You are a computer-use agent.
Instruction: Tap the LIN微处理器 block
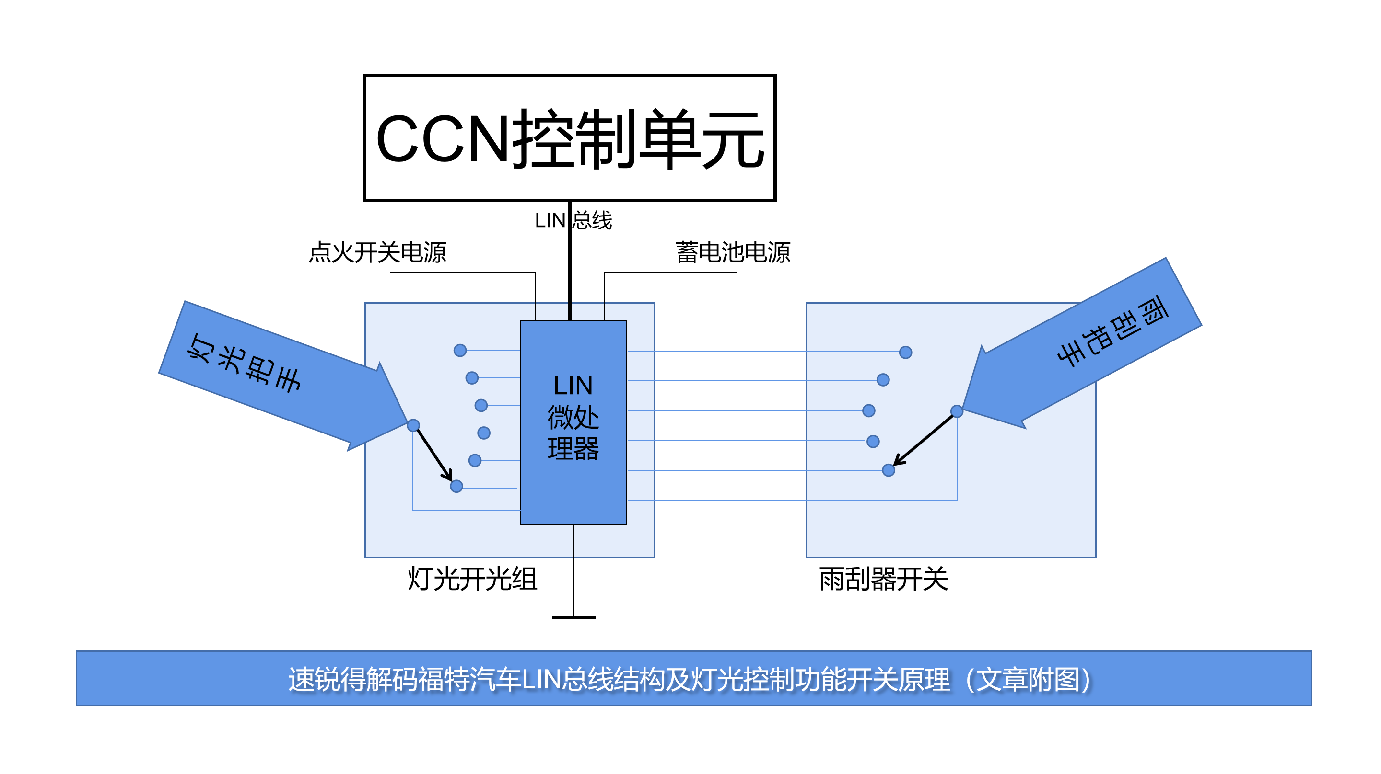573,421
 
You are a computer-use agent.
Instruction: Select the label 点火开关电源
377,252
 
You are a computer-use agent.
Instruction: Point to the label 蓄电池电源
732,252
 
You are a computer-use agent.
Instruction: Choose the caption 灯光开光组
472,579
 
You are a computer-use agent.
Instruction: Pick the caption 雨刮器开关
883,579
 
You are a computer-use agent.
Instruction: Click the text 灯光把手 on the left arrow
244,363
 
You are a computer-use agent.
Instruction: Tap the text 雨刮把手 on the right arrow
1113,330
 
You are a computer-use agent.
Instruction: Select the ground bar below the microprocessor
573,617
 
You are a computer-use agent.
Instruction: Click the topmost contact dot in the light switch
460,350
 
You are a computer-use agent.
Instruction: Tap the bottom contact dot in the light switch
456,486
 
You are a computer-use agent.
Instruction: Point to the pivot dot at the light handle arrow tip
413,425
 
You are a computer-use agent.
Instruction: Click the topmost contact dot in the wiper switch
905,352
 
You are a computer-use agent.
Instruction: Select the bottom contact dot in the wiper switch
889,470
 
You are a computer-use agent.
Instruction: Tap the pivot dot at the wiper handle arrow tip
957,411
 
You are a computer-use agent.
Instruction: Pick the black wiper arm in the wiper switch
924,440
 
